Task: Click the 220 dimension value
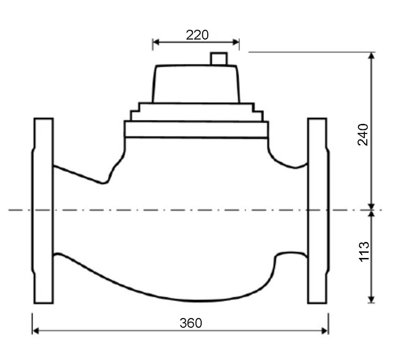[x=197, y=35]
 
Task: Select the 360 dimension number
[x=191, y=323]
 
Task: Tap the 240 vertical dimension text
[x=363, y=135]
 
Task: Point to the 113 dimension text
[x=364, y=252]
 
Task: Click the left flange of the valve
[x=43, y=211]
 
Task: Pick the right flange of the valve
[x=318, y=211]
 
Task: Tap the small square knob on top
[x=219, y=59]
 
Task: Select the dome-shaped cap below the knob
[x=196, y=84]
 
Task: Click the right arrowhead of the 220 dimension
[x=236, y=42]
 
